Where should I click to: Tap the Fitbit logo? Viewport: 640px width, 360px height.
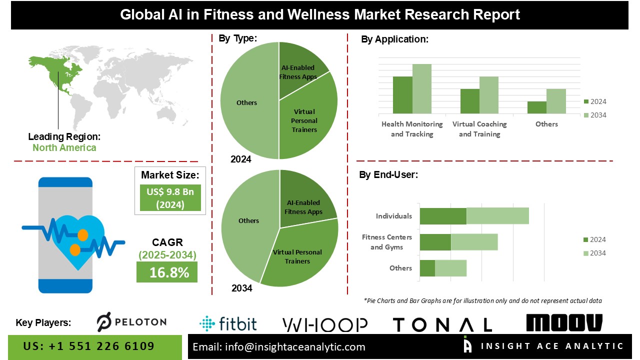pyautogui.click(x=228, y=323)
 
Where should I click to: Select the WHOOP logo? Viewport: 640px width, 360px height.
pyautogui.click(x=325, y=325)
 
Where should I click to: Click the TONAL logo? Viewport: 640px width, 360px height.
pyautogui.click(x=442, y=325)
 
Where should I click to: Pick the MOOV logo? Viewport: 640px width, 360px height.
pyautogui.click(x=564, y=323)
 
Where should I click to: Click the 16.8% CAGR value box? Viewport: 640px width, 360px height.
pyautogui.click(x=167, y=272)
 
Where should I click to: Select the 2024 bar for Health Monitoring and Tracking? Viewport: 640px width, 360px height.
pyautogui.click(x=402, y=95)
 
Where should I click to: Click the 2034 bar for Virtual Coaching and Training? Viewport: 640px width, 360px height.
pyautogui.click(x=488, y=95)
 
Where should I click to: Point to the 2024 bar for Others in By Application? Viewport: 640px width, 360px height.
pyautogui.click(x=536, y=107)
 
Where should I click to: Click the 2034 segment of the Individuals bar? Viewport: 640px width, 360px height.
pyautogui.click(x=497, y=216)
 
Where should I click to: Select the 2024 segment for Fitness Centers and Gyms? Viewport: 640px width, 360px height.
pyautogui.click(x=435, y=242)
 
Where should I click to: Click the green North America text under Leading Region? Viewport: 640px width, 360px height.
pyautogui.click(x=64, y=147)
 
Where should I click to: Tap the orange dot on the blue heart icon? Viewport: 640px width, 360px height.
pyautogui.click(x=82, y=234)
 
